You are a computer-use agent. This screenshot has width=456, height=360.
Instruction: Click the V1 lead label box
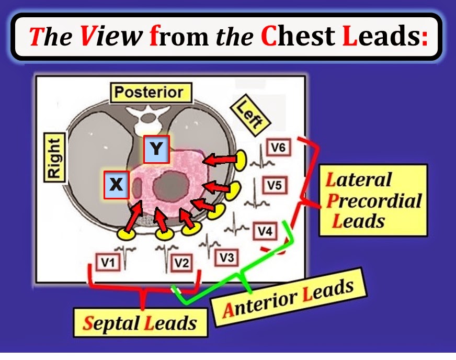pos(108,263)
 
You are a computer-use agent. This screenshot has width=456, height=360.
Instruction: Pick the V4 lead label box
pos(265,230)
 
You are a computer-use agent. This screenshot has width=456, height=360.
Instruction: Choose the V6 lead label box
pos(279,148)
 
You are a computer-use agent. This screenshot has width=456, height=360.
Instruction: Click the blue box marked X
pos(117,185)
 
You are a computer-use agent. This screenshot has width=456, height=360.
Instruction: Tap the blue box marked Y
pos(156,149)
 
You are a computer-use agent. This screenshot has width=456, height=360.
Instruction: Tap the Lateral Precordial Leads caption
pos(372,200)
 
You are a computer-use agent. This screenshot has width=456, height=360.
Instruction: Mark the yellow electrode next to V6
pos(241,160)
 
